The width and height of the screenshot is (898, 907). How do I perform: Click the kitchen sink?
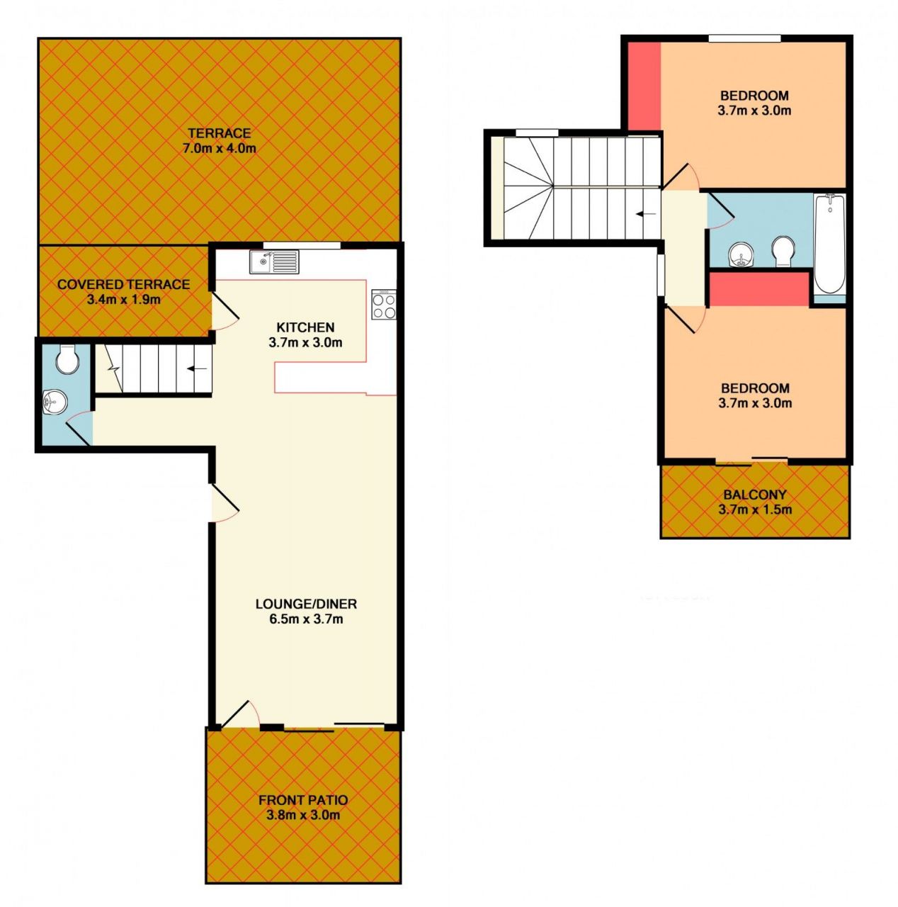point(274,261)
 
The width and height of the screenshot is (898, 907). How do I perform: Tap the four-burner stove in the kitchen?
point(383,304)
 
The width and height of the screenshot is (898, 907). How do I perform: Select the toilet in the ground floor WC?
point(67,359)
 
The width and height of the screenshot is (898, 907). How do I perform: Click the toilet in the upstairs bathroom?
point(783,252)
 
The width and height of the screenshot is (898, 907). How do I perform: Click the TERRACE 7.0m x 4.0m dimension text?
point(219,148)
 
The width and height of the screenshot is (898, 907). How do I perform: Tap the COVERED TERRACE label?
point(123,284)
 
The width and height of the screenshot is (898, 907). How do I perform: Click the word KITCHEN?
point(305,327)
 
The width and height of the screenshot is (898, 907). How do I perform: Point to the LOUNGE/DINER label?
point(306,604)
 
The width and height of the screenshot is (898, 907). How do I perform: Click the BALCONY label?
point(754,495)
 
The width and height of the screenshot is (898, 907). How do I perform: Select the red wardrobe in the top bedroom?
point(644,86)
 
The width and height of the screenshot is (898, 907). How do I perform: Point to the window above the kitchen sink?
point(302,244)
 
